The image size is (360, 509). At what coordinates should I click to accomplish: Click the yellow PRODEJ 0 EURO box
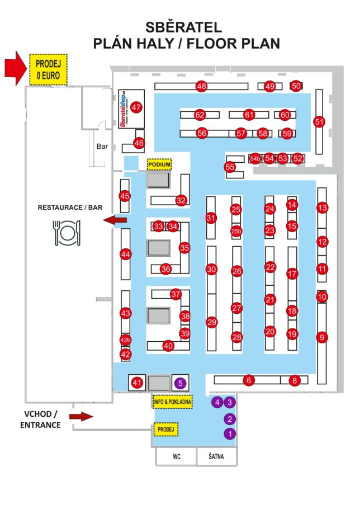click(x=48, y=70)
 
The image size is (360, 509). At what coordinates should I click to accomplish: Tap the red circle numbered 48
click(x=201, y=86)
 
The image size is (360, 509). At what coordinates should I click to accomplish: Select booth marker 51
click(x=319, y=121)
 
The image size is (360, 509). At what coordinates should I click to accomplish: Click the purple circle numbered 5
click(x=179, y=383)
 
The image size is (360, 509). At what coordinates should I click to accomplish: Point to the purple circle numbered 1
click(x=230, y=433)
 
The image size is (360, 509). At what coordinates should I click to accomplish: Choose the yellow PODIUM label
click(x=159, y=164)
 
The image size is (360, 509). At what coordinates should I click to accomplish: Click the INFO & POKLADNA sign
click(x=173, y=402)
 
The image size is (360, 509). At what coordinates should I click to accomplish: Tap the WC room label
click(x=177, y=457)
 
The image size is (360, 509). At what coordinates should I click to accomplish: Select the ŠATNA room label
click(x=216, y=457)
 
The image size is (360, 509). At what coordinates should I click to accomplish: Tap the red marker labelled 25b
click(x=236, y=231)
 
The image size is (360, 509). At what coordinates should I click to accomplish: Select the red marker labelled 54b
click(x=255, y=158)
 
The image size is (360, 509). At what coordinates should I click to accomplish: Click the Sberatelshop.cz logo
click(x=124, y=108)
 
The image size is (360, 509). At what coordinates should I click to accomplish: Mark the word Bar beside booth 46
click(x=102, y=147)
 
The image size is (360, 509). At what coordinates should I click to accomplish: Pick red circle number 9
click(x=321, y=337)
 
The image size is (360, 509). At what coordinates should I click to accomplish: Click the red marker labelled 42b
click(x=126, y=340)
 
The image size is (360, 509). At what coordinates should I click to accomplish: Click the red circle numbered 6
click(x=249, y=380)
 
